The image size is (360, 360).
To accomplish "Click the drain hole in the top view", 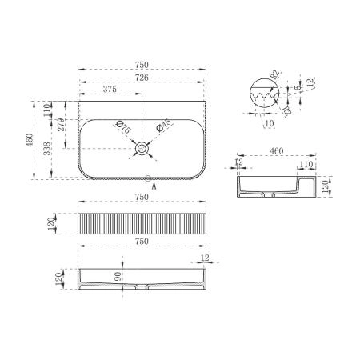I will click(143, 148).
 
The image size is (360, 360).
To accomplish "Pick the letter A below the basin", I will click(154, 186).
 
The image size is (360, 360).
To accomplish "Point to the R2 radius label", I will click(275, 77).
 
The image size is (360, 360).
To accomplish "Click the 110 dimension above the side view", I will click(305, 164).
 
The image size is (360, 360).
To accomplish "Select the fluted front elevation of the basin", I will click(143, 222).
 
